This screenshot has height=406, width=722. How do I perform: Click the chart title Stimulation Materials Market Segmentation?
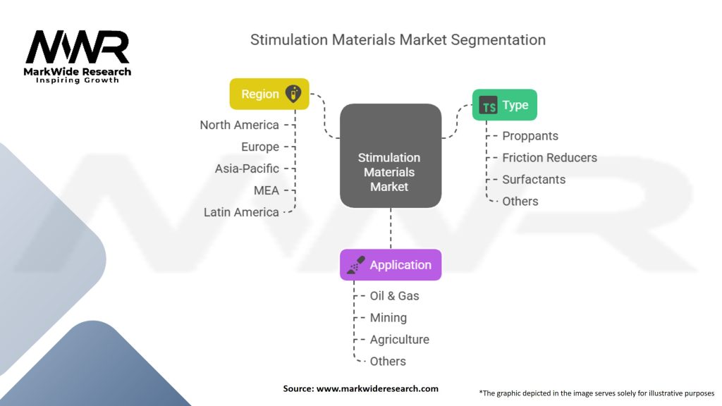click(x=398, y=39)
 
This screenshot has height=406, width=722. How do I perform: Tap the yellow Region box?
click(x=269, y=94)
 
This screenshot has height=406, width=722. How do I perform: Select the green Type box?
click(x=504, y=105)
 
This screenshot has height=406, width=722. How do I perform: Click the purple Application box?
click(x=391, y=265)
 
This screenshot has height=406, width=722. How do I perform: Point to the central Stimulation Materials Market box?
click(x=390, y=156)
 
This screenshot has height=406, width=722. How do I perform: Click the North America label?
click(x=239, y=125)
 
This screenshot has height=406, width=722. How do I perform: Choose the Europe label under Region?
click(x=261, y=147)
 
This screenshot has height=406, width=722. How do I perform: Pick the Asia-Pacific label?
click(x=247, y=168)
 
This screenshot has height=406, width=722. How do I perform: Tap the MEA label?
click(x=267, y=190)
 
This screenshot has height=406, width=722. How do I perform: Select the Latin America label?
click(x=241, y=212)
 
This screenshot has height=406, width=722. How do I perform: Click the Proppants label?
click(x=530, y=136)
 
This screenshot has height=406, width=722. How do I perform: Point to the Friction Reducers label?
click(x=549, y=158)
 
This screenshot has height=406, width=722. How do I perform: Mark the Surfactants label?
click(x=534, y=180)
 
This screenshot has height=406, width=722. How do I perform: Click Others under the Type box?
click(x=520, y=202)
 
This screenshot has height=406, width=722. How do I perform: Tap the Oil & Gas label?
click(x=394, y=296)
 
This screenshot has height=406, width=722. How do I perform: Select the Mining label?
click(x=388, y=318)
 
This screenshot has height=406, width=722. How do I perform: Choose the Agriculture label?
click(x=399, y=340)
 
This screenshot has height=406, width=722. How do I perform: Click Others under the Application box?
click(x=388, y=362)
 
